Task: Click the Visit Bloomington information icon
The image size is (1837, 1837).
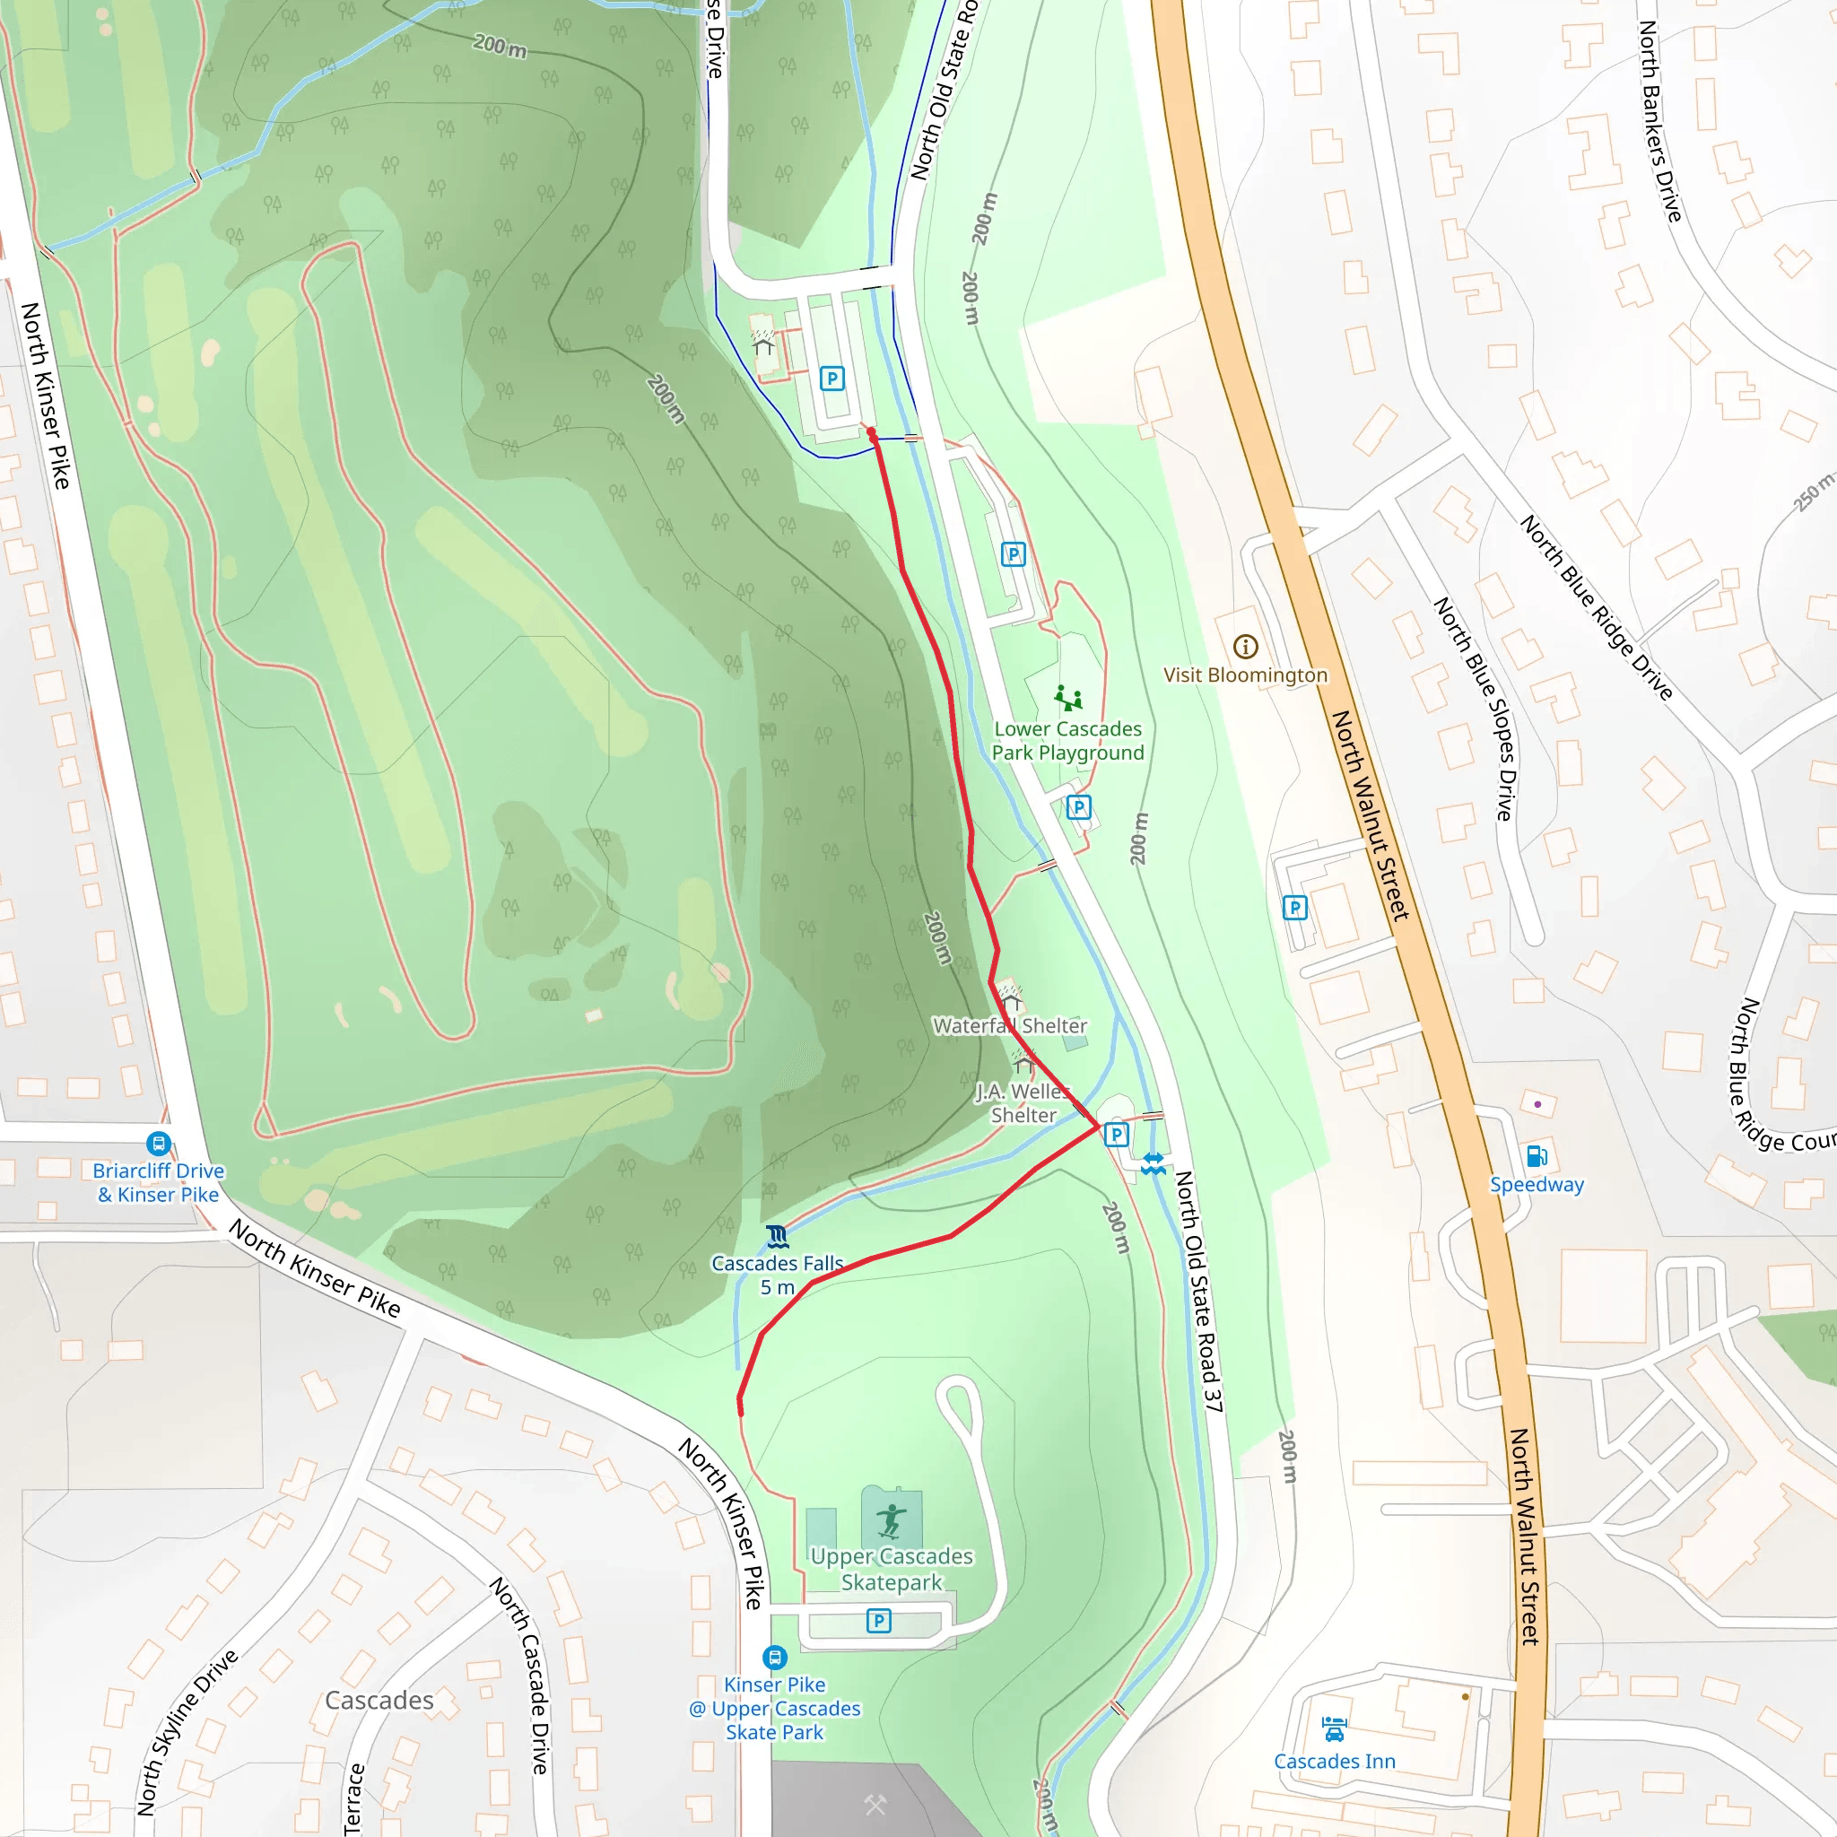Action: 1246,648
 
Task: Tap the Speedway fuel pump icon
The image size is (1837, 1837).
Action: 1537,1156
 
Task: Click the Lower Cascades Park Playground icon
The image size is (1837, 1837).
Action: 1067,699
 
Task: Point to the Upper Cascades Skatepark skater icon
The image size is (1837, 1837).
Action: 891,1520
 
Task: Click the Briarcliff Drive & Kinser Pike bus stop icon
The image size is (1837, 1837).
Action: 158,1144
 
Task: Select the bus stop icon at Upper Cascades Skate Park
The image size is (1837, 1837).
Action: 775,1659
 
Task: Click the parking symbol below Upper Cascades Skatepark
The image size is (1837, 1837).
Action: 878,1620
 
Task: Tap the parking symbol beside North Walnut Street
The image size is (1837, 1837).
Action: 1294,908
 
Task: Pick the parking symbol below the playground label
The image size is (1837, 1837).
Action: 1078,807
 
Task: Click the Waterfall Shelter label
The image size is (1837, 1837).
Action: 1010,1026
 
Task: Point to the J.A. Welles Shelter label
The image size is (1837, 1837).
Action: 1023,1104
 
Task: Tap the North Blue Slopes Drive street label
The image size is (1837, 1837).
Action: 1474,709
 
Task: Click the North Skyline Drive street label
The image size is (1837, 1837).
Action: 187,1732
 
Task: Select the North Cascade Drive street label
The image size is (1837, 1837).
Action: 521,1675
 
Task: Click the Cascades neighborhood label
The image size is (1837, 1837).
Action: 379,1700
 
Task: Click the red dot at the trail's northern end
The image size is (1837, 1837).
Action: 872,432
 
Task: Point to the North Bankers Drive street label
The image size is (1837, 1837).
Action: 1660,121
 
